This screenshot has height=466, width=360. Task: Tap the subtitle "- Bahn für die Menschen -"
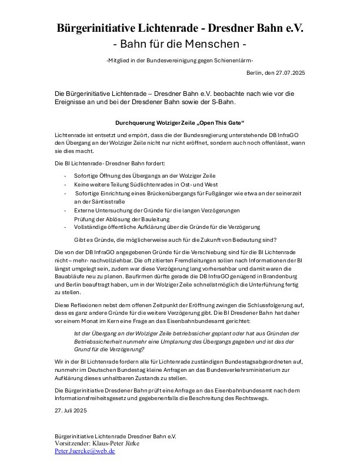click(179, 45)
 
